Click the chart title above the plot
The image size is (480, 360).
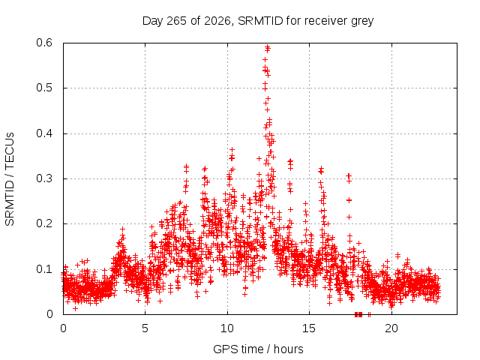258,21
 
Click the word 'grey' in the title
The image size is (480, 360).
362,22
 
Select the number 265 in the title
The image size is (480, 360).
176,21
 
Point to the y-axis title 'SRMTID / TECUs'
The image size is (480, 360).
10,179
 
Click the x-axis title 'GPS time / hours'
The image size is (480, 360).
258,349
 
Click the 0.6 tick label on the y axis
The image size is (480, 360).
44,43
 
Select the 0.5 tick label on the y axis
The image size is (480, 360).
44,88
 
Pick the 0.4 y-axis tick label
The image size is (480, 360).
44,133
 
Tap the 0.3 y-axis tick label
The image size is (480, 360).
44,178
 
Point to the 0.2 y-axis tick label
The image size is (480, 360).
44,223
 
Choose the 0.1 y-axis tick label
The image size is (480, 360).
44,269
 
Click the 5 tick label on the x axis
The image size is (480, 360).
145,328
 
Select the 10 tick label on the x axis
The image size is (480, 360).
227,328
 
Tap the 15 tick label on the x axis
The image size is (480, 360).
309,328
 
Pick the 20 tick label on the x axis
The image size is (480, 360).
391,328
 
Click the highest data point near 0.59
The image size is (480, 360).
267,46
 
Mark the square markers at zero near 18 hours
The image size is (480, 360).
358,314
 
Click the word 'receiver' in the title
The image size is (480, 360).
326,21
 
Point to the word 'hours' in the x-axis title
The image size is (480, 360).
288,349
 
